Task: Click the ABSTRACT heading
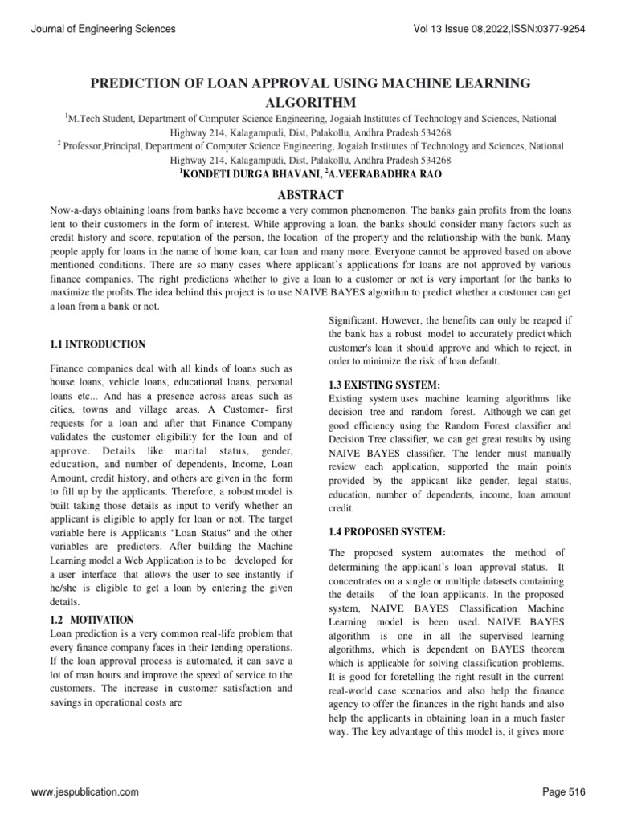click(x=309, y=195)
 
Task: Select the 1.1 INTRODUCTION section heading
click(x=97, y=344)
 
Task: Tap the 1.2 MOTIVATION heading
click(x=92, y=620)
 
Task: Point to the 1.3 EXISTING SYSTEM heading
click(x=385, y=385)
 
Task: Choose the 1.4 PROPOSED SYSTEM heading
click(x=388, y=531)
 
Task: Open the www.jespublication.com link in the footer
click(x=85, y=792)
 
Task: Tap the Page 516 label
click(x=565, y=792)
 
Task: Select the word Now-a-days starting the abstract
click(x=76, y=210)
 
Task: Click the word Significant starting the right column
click(x=356, y=319)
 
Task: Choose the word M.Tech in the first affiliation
click(x=85, y=118)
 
